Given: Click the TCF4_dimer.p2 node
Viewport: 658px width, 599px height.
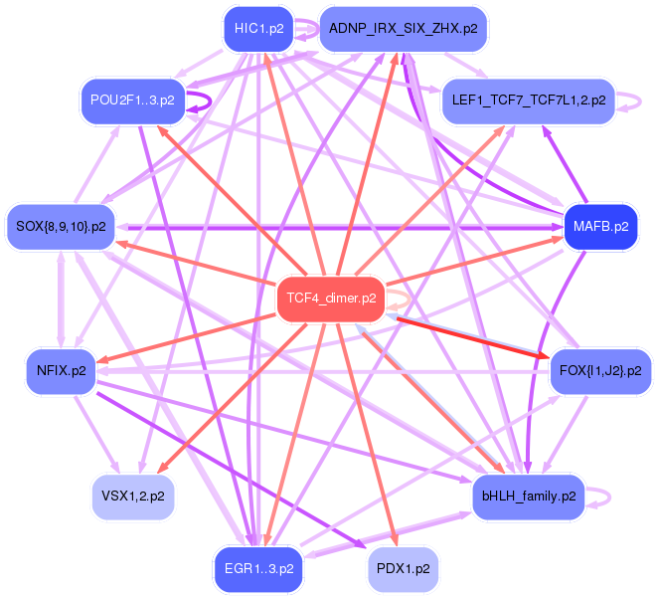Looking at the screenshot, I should pyautogui.click(x=330, y=299).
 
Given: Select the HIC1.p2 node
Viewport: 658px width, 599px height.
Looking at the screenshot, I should pyautogui.click(x=259, y=29).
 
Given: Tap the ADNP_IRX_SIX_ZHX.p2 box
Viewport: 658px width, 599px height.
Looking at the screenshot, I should pyautogui.click(x=403, y=29).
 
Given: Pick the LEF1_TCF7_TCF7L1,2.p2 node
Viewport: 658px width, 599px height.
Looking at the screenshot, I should pyautogui.click(x=527, y=100).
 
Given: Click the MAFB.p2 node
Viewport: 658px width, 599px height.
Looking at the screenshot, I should pyautogui.click(x=600, y=226).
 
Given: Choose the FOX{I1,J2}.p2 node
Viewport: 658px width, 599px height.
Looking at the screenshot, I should pyautogui.click(x=600, y=371).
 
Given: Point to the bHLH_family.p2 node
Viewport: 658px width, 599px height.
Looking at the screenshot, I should pyautogui.click(x=528, y=496).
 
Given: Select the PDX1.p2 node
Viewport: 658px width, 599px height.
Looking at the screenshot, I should pyautogui.click(x=403, y=568).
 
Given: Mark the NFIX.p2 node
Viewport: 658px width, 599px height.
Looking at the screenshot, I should pyautogui.click(x=61, y=371).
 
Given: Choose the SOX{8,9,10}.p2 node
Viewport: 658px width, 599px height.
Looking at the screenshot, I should pyautogui.click(x=61, y=226).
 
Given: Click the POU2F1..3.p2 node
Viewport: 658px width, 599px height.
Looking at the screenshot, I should pyautogui.click(x=132, y=100).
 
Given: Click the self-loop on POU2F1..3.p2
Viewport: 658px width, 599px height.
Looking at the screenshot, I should pyautogui.click(x=206, y=100).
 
